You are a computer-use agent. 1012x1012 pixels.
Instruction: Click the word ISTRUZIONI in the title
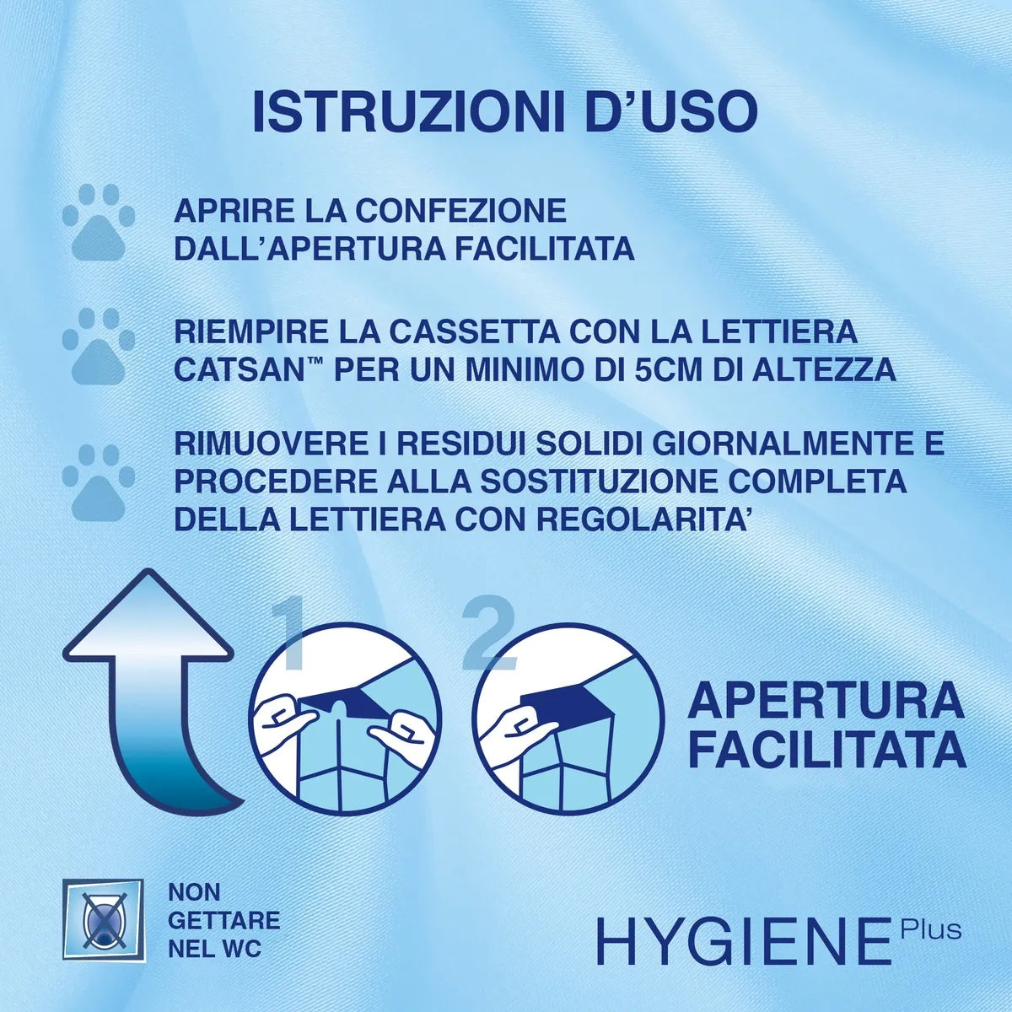click(x=409, y=113)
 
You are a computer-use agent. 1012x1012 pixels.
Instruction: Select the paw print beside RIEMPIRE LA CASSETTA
click(x=98, y=345)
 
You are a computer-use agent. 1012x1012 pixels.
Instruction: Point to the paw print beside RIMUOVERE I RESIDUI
click(x=98, y=482)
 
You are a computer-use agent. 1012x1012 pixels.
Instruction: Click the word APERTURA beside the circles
click(x=826, y=700)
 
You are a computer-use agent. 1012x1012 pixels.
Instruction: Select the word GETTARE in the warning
click(x=223, y=919)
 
